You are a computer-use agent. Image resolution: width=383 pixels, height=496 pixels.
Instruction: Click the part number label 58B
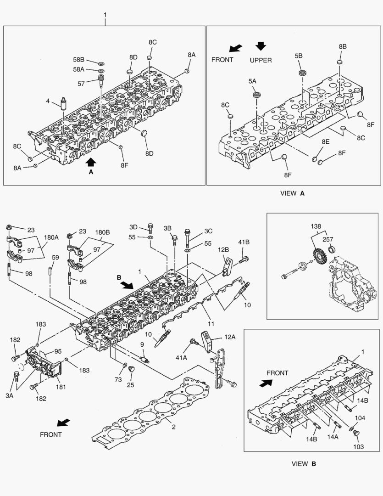point(78,60)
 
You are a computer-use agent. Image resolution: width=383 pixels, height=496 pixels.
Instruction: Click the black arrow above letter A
point(91,161)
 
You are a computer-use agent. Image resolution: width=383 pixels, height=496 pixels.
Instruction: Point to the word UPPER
point(261,60)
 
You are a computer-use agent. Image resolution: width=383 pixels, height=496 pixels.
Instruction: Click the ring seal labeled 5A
point(256,96)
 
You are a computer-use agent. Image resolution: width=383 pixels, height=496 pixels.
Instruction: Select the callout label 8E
point(325,143)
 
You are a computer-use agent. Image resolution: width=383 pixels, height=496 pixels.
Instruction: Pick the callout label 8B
point(343,47)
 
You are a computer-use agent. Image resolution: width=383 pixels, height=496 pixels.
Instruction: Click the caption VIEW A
point(292,193)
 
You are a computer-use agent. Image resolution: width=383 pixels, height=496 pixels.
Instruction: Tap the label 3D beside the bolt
point(133,227)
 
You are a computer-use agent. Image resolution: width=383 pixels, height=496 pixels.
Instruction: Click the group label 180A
point(51,237)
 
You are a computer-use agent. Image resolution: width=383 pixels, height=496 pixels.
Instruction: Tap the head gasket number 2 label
point(173,427)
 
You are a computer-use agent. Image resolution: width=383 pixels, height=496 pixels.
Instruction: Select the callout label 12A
point(230,337)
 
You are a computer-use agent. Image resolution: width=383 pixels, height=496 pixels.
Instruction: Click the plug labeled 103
point(358,433)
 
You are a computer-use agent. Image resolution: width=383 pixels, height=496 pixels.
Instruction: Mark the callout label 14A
point(333,438)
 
